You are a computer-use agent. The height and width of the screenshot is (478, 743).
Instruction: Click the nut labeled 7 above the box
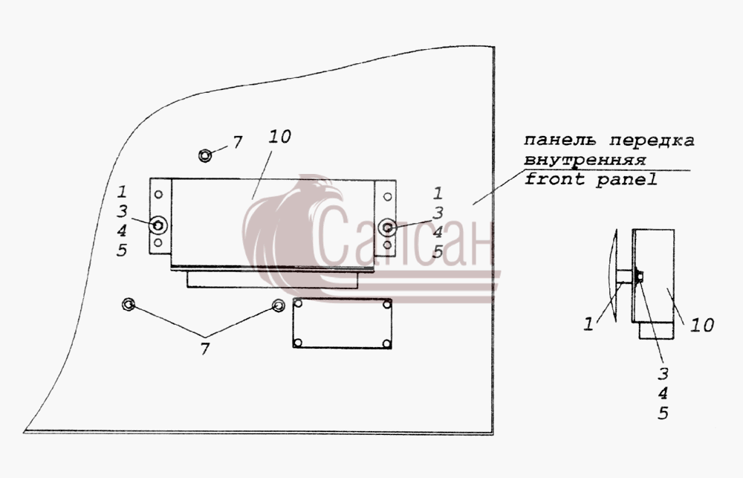pyautogui.click(x=205, y=155)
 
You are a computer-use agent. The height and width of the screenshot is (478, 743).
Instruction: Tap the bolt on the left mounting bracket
pyautogui.click(x=158, y=225)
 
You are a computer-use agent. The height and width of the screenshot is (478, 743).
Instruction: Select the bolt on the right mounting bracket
pyautogui.click(x=388, y=227)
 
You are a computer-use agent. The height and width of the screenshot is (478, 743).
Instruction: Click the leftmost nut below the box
pyautogui.click(x=129, y=304)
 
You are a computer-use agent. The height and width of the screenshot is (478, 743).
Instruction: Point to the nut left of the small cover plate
pyautogui.click(x=278, y=305)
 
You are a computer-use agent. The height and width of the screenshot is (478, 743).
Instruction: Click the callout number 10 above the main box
pyautogui.click(x=279, y=137)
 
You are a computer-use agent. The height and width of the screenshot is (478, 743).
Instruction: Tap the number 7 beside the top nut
pyautogui.click(x=238, y=142)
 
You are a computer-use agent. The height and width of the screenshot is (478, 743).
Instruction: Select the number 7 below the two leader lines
pyautogui.click(x=205, y=349)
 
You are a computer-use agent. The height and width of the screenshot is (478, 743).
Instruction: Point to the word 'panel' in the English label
pyautogui.click(x=626, y=179)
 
